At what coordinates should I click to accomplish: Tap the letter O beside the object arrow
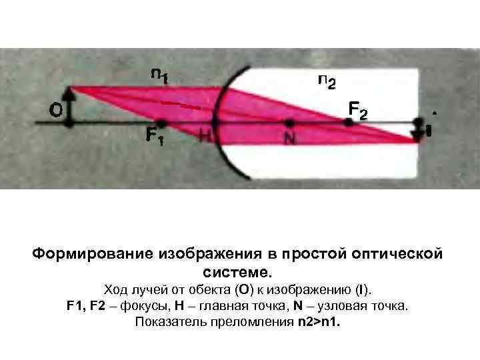click(x=56, y=111)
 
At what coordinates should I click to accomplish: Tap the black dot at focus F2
click(x=347, y=122)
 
